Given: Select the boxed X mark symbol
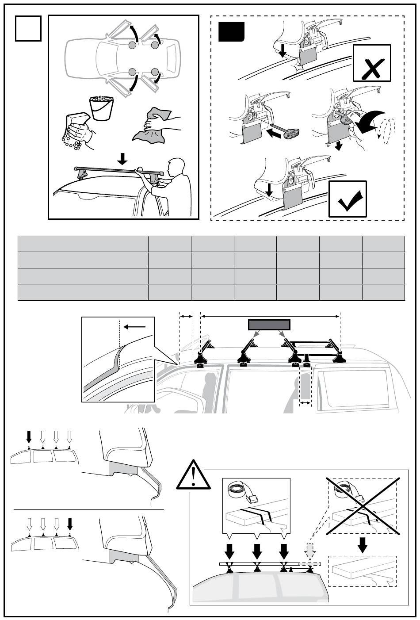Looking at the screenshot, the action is click(372, 63).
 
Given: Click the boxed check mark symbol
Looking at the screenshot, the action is click(347, 199).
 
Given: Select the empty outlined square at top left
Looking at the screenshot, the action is click(28, 28).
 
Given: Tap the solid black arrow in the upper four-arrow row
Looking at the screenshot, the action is click(29, 436).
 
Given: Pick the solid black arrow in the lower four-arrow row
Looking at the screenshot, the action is click(69, 524).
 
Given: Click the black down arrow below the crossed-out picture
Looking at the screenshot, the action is click(363, 544).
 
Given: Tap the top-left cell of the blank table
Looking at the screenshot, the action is click(83, 244).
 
